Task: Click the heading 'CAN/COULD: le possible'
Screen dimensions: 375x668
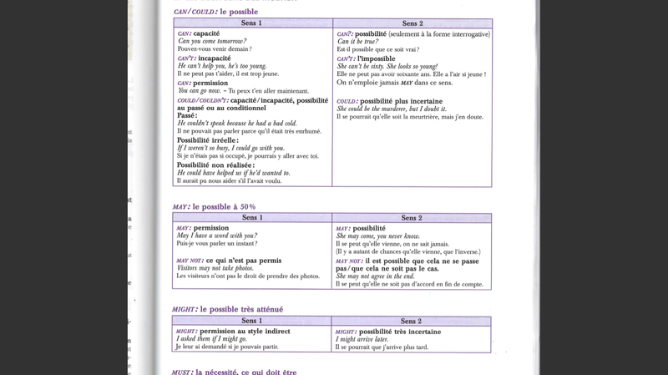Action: [215, 12]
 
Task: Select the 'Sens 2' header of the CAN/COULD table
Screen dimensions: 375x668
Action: [412, 23]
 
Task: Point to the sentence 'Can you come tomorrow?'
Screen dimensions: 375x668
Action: [212, 41]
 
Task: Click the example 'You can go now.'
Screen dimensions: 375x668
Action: [199, 91]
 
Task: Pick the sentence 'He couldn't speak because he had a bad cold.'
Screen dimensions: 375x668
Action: [237, 123]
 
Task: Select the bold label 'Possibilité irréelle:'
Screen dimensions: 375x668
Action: [207, 140]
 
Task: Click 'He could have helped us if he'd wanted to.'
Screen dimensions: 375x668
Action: [233, 173]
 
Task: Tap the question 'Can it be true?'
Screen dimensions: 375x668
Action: [357, 42]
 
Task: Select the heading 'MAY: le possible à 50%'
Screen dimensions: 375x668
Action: [214, 206]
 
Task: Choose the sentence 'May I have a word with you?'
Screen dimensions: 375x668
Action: [217, 236]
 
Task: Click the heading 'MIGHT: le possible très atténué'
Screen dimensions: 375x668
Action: [227, 309]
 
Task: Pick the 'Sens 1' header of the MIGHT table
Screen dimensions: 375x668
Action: [251, 321]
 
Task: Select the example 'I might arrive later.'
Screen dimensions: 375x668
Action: [362, 339]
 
